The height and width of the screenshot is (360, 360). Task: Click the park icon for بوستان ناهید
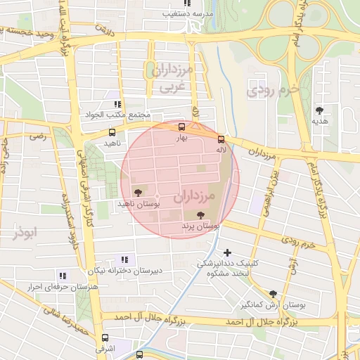[136, 192]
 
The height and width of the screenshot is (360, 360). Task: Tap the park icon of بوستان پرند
[201, 215]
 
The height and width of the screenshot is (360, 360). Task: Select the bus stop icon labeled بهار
[182, 127]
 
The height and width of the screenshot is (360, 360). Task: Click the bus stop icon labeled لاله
[221, 139]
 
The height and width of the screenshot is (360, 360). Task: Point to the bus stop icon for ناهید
[112, 131]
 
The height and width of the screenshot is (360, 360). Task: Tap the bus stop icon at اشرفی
[105, 337]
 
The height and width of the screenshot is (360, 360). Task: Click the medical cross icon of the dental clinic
[226, 252]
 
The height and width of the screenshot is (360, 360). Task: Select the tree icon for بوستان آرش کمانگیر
[273, 294]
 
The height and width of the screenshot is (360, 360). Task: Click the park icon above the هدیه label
[320, 110]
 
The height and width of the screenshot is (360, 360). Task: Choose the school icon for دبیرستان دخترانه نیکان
[125, 259]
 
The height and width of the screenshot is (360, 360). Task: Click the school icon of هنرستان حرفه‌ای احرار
[63, 276]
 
